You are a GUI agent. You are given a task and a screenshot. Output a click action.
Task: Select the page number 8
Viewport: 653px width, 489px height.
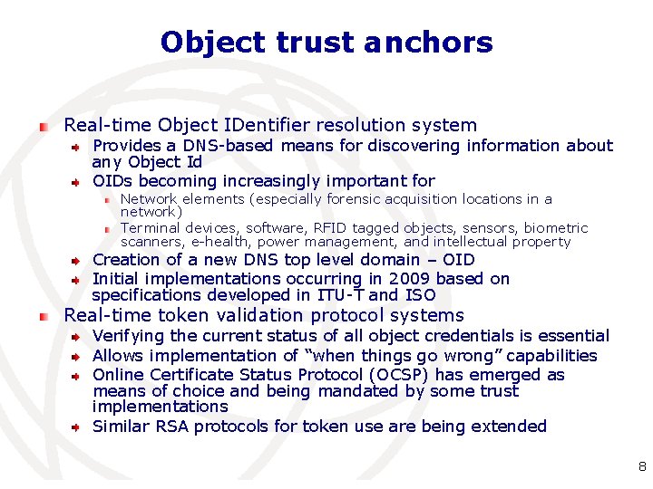(642, 467)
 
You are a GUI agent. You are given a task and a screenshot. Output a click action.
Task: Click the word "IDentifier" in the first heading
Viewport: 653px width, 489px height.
(263, 125)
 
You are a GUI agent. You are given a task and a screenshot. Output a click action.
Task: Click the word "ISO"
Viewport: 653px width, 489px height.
(420, 295)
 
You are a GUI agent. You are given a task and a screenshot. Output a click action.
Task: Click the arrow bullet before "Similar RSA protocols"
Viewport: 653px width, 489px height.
(79, 427)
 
